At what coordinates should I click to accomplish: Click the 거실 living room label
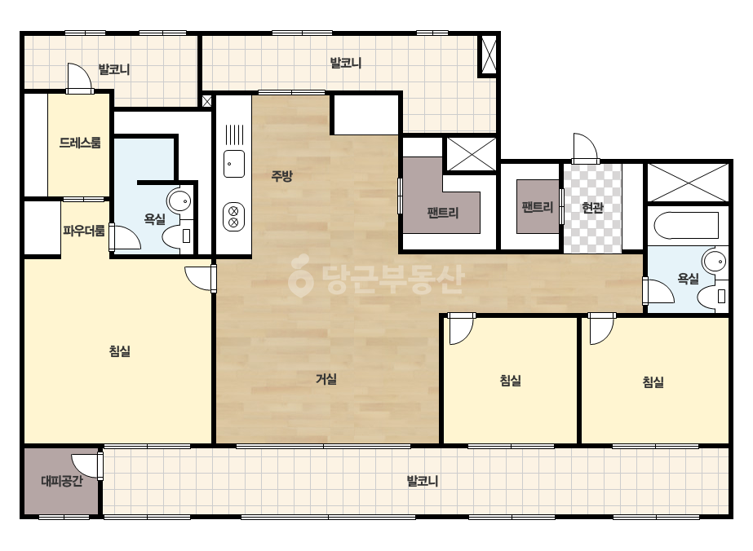click(326, 379)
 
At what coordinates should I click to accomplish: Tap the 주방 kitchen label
click(282, 176)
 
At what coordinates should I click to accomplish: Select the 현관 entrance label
click(592, 207)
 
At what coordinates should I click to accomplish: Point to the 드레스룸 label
click(80, 143)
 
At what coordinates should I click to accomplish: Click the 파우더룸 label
click(83, 231)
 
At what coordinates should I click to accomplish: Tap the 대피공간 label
click(62, 480)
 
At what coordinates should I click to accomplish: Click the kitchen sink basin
click(234, 164)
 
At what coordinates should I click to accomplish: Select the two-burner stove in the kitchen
click(234, 217)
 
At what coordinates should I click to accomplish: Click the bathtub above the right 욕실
click(685, 225)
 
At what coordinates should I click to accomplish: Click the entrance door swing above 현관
click(585, 148)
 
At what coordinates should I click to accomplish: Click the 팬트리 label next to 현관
click(538, 207)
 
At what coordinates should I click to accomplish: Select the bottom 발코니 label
click(423, 481)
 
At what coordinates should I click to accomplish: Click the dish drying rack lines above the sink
click(234, 134)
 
